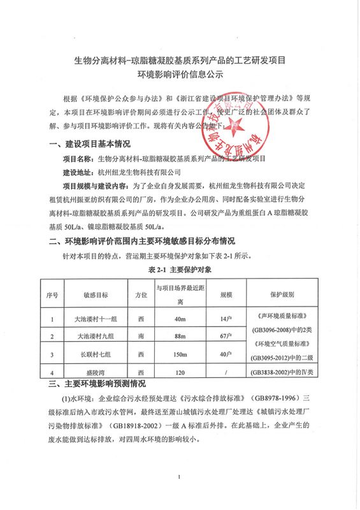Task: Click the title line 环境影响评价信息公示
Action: [x=179, y=75]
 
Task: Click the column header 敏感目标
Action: [x=95, y=295]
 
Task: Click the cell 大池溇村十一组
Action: [x=95, y=317]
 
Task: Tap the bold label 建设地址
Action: [x=77, y=171]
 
